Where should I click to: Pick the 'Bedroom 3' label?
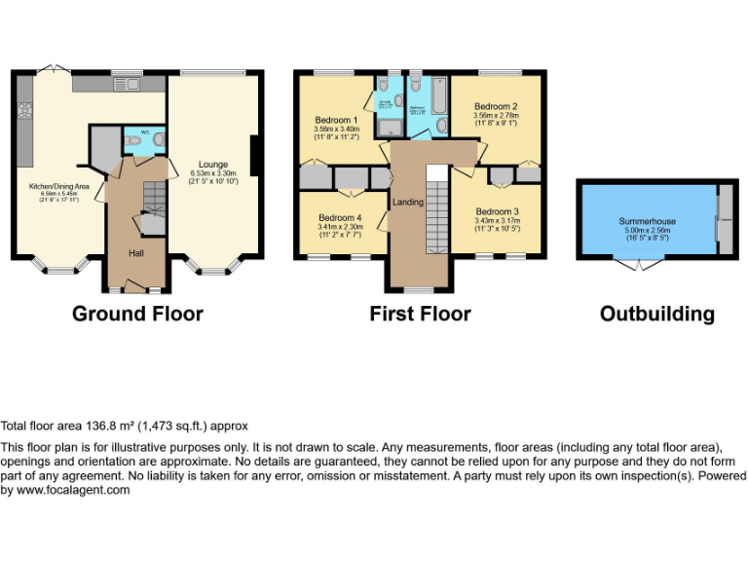coord(497,211)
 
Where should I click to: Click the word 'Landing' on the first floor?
coord(407,202)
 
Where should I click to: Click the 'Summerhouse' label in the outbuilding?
coord(647,221)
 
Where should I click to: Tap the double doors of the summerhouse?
coord(636,263)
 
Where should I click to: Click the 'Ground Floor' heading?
coord(137,314)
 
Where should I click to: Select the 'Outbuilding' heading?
coord(656,314)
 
